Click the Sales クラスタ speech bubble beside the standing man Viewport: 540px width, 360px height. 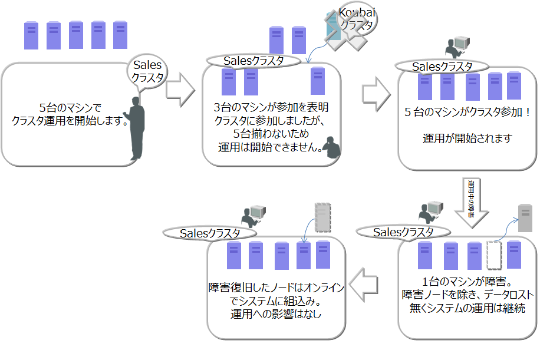(x=147, y=72)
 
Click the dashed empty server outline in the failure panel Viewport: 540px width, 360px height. (x=493, y=255)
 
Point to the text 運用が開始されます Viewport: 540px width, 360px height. (x=467, y=139)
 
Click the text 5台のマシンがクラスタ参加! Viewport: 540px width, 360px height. (x=468, y=112)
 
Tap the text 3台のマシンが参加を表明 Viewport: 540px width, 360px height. (x=271, y=107)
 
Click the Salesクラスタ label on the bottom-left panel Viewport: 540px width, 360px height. (x=210, y=233)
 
